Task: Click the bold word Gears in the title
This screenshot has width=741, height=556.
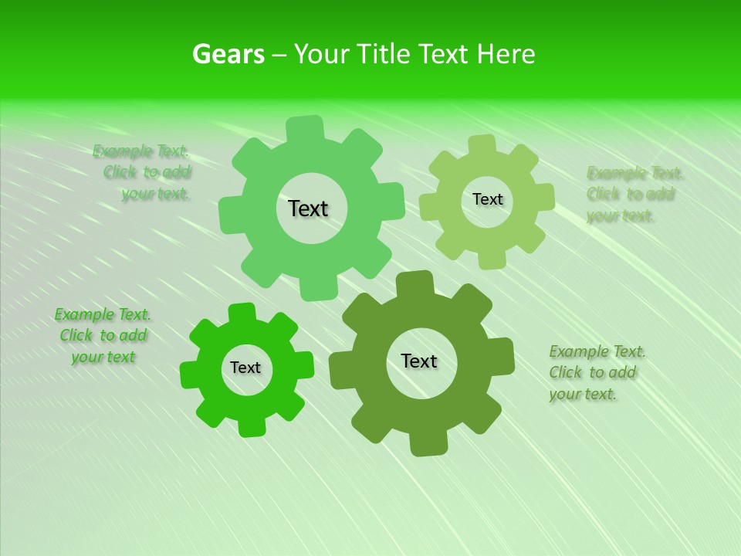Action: (x=228, y=54)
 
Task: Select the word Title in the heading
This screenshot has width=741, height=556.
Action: (x=384, y=54)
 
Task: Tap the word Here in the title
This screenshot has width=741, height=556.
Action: (x=506, y=54)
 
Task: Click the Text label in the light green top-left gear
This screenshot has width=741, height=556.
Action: (x=308, y=208)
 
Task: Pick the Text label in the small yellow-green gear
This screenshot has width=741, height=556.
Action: (x=487, y=199)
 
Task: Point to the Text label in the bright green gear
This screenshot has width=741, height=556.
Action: (x=245, y=368)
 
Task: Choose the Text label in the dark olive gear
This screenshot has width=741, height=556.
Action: (x=419, y=361)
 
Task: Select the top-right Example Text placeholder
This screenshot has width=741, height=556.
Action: (x=634, y=194)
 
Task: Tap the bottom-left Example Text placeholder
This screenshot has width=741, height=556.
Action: (x=103, y=336)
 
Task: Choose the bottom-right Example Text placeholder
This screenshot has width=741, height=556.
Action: (x=597, y=372)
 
